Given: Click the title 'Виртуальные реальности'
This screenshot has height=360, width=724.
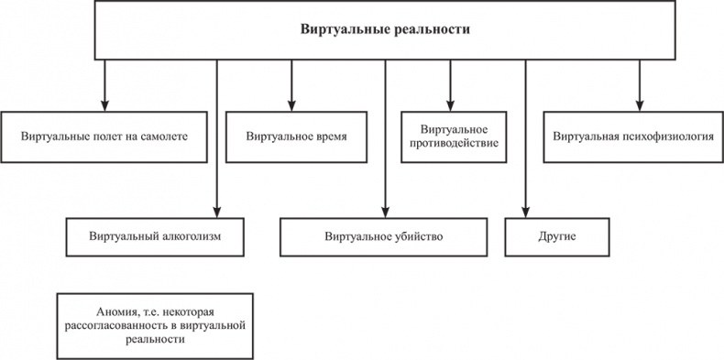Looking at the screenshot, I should [x=386, y=29].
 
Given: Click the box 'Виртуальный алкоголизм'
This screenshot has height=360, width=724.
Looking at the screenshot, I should [x=158, y=236].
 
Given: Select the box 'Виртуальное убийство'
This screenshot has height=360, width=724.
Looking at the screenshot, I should [x=382, y=236].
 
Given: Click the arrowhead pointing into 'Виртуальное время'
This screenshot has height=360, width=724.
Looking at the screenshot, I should [x=291, y=105].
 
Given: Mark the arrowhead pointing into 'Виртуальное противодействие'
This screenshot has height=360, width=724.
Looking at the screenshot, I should [x=450, y=105].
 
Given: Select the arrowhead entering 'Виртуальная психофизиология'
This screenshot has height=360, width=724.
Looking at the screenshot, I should [x=640, y=105].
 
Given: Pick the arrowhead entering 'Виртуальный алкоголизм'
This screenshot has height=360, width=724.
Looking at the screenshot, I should [x=217, y=212].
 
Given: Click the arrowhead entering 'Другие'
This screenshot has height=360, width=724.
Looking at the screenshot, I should [x=524, y=212].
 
